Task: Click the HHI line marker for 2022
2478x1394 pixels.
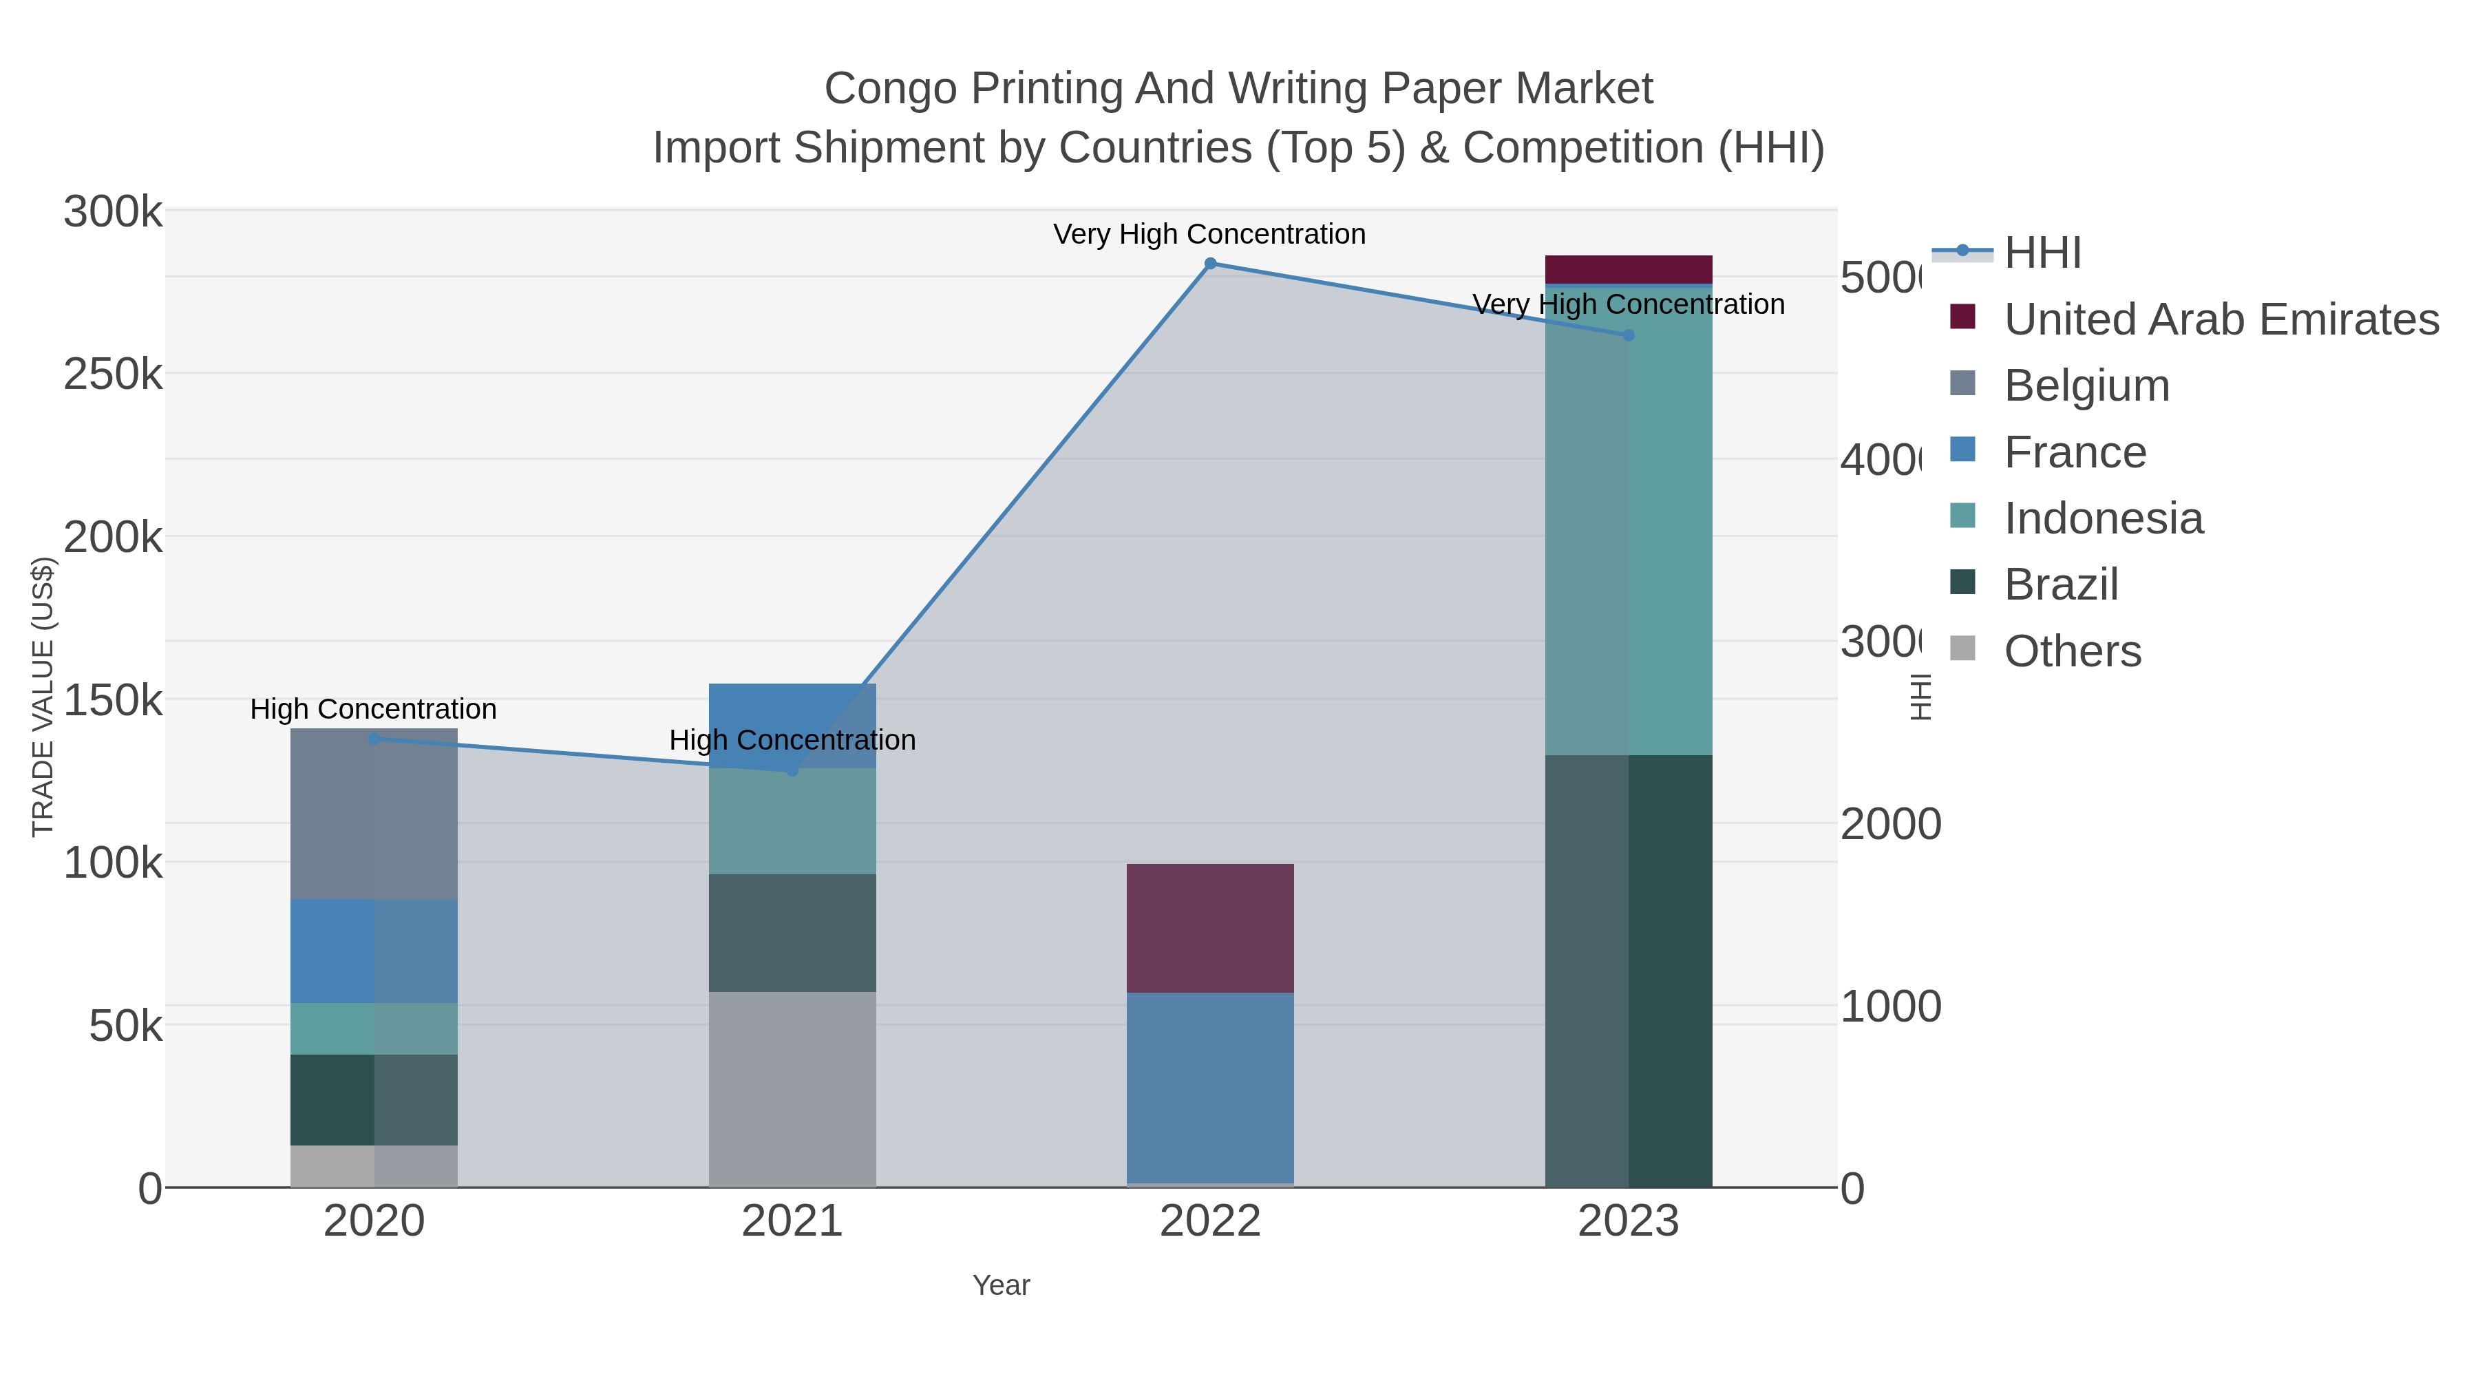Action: click(1210, 264)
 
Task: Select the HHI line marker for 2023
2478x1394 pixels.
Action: click(1629, 336)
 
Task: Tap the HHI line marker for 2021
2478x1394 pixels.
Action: click(793, 770)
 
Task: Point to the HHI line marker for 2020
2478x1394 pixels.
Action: click(374, 739)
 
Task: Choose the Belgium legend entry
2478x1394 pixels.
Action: click(2086, 386)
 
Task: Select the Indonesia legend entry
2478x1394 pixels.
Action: click(2103, 518)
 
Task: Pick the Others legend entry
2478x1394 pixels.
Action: click(2072, 651)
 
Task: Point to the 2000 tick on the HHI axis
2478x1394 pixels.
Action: click(1890, 825)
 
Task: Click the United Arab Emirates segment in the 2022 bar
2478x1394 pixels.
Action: click(1210, 929)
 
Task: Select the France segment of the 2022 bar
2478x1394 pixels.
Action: click(1210, 1087)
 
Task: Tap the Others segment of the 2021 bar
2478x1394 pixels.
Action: click(793, 1089)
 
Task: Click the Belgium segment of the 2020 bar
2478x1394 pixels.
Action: click(374, 814)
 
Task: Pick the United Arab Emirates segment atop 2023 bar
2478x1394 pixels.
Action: click(1629, 269)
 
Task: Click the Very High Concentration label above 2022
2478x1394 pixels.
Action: click(1209, 235)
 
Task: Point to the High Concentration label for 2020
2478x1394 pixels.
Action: click(373, 710)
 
